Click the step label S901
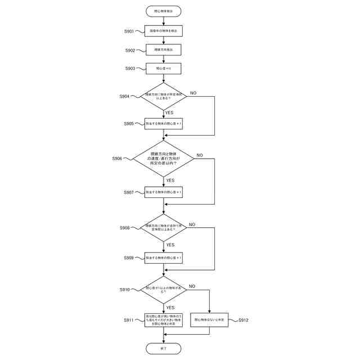point(129,31)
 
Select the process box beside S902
point(163,50)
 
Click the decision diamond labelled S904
point(163,96)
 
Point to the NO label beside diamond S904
point(193,92)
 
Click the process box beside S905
point(163,123)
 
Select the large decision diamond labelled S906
point(163,159)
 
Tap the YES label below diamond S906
point(170,181)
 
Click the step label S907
point(129,192)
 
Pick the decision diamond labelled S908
point(163,227)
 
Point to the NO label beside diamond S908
point(192,224)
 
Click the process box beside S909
point(163,258)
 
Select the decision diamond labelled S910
point(163,289)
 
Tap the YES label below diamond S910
point(170,308)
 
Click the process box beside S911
point(163,320)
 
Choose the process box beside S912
point(209,320)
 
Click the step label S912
point(243,320)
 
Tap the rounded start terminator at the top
point(163,11)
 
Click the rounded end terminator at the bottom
point(163,349)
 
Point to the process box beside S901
point(163,31)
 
